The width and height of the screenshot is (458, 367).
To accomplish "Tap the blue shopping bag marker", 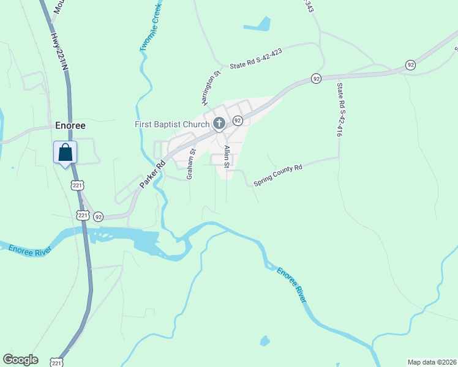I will [x=66, y=153].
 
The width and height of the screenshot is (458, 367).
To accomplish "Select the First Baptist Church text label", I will [x=172, y=124].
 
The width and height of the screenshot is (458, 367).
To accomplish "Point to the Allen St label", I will [x=227, y=156].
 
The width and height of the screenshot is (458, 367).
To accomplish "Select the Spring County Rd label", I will [x=278, y=175].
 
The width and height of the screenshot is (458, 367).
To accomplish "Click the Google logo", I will [x=20, y=360].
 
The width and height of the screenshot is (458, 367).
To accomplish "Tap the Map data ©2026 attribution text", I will [x=432, y=361].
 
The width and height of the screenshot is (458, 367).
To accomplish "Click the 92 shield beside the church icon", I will [x=238, y=120].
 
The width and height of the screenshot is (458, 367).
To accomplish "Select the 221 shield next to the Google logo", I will [x=56, y=361].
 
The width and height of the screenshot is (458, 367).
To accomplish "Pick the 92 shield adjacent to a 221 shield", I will [x=98, y=217].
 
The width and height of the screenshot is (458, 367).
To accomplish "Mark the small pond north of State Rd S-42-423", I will [x=258, y=26].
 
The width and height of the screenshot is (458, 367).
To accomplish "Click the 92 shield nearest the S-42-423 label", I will [x=316, y=78].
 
